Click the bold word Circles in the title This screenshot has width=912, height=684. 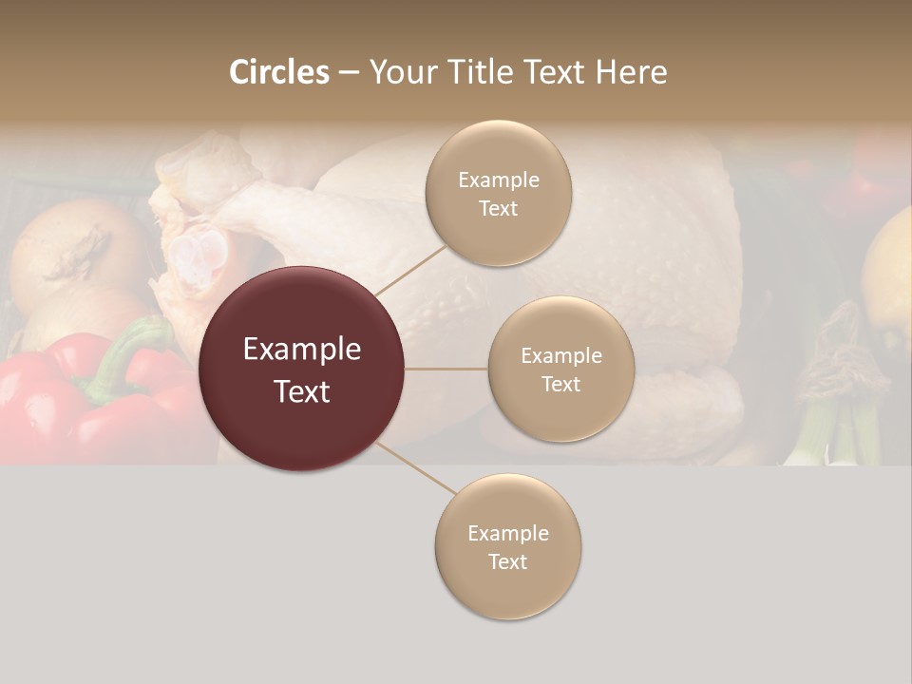point(278,72)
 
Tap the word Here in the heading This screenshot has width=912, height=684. point(631,72)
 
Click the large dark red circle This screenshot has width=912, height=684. point(301,369)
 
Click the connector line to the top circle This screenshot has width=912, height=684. point(410,269)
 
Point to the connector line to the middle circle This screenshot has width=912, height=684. point(446,369)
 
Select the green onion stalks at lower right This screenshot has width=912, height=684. point(836,427)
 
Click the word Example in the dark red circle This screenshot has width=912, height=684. point(301,350)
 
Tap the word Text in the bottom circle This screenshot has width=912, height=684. point(507,561)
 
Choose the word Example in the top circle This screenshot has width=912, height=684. point(498,180)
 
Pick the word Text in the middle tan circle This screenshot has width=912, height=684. point(560,384)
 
